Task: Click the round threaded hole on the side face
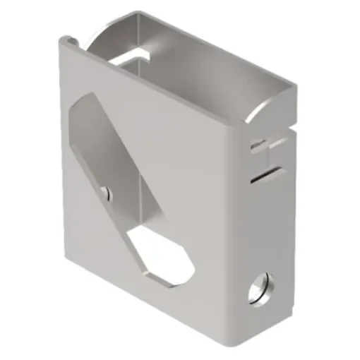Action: point(260,289)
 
